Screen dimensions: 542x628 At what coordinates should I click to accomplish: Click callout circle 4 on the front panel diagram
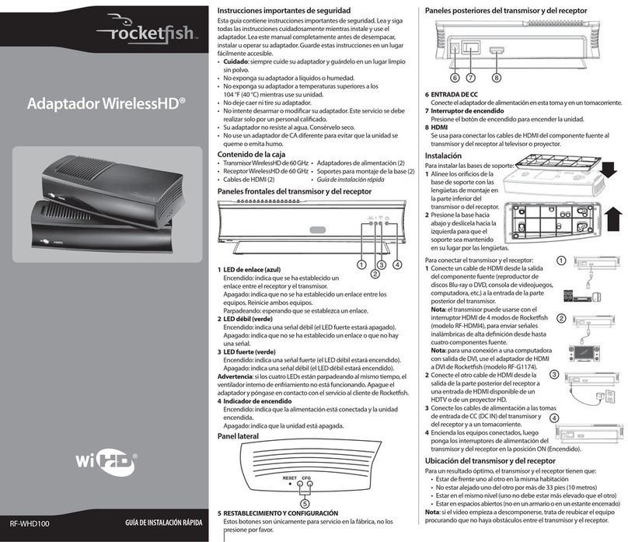coord(398,264)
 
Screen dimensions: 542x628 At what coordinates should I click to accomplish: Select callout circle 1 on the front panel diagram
coord(362,264)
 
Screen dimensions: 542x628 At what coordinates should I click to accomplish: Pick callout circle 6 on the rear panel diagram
coord(455,77)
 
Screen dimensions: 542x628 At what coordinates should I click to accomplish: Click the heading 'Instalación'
coord(443,156)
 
